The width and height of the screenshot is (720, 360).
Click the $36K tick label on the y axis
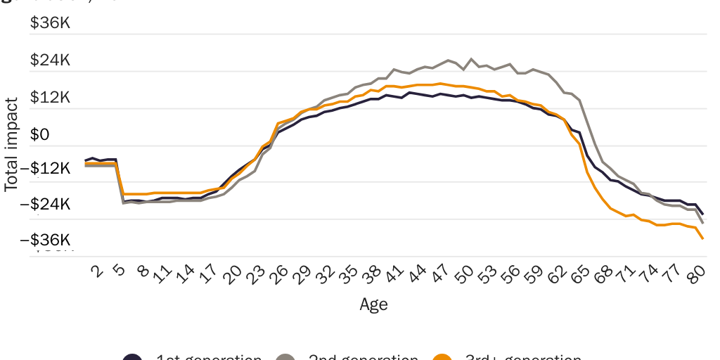tap(50, 23)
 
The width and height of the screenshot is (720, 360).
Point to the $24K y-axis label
tap(50, 60)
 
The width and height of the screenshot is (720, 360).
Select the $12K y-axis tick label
tap(50, 97)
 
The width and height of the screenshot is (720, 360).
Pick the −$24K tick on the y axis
tap(50, 204)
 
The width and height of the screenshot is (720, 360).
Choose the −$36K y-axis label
tap(50, 240)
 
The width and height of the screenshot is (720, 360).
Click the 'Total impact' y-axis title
tap(11, 143)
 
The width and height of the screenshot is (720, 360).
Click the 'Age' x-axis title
tap(373, 304)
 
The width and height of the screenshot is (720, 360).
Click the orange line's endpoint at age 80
tap(703, 239)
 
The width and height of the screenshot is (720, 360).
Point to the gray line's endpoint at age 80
tap(703, 223)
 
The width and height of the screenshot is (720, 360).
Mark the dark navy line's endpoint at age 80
tap(703, 214)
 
